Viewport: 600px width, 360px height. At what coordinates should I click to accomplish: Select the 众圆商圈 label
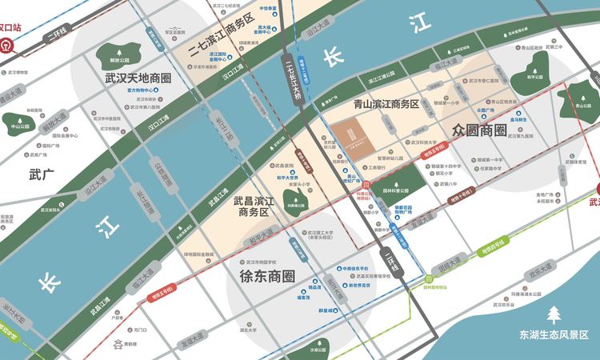479,129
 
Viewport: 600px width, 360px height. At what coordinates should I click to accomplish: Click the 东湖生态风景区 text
553,334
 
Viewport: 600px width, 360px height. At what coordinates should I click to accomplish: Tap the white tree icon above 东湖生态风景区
553,314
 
